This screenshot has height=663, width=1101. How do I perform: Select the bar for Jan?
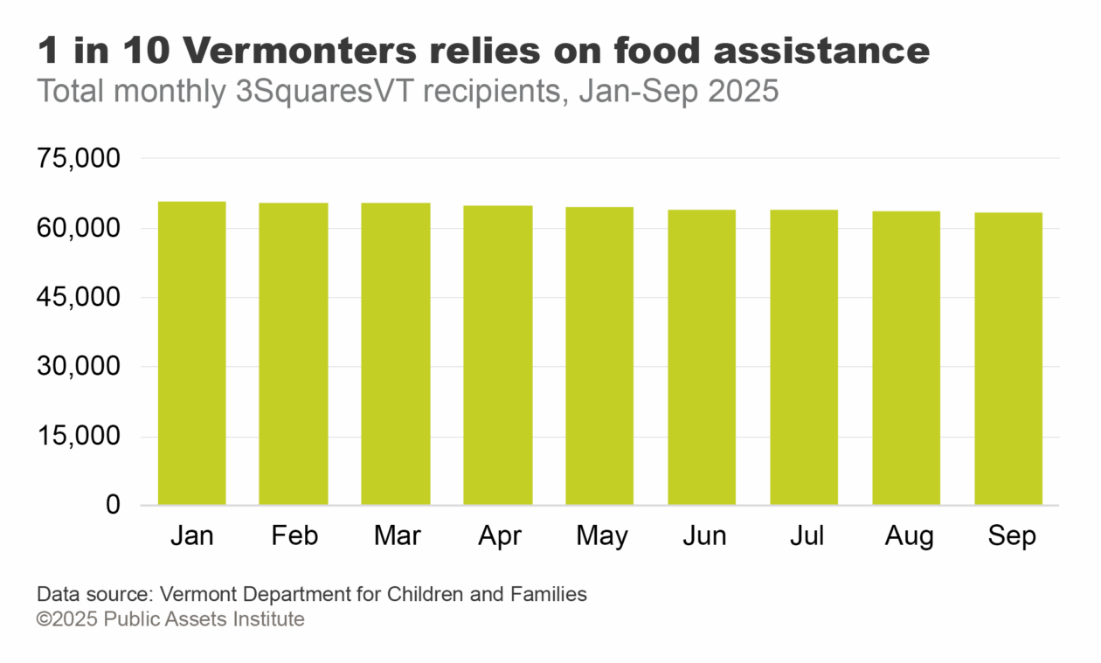[191, 353]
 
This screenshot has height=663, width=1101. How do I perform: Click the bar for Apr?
[498, 355]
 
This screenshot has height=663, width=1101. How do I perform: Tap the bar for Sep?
[1008, 358]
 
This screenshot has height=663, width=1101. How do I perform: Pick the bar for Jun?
[702, 357]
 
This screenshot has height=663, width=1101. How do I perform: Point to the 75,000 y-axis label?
[78, 159]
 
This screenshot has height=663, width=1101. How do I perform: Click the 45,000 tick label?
[78, 298]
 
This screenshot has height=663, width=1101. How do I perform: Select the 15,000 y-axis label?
[78, 437]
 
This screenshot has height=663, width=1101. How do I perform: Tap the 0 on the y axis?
[113, 505]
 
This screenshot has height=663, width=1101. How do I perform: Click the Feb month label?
[294, 535]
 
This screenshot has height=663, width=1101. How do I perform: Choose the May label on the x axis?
[601, 535]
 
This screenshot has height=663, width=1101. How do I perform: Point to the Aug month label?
[908, 535]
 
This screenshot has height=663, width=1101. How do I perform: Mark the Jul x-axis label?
[806, 535]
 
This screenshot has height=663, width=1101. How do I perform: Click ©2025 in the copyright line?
[66, 619]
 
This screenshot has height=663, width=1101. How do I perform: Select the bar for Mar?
[396, 354]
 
